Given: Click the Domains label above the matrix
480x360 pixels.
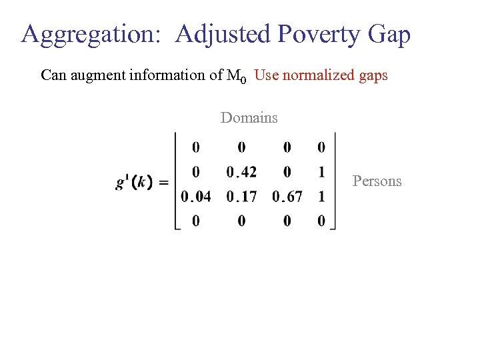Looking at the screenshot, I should pyautogui.click(x=249, y=118).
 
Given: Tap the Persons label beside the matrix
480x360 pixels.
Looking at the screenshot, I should pyautogui.click(x=377, y=181).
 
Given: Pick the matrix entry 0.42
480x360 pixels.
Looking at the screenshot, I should pyautogui.click(x=241, y=172).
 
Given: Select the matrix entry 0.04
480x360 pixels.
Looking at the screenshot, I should pyautogui.click(x=195, y=197).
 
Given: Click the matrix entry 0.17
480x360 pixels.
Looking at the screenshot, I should pyautogui.click(x=241, y=197).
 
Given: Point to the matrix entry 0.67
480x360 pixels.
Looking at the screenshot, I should pyautogui.click(x=287, y=197).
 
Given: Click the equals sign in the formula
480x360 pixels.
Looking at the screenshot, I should pyautogui.click(x=164, y=182).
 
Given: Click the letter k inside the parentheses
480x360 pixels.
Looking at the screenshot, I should pyautogui.click(x=142, y=182).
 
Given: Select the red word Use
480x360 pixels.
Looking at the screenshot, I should pyautogui.click(x=267, y=75).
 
